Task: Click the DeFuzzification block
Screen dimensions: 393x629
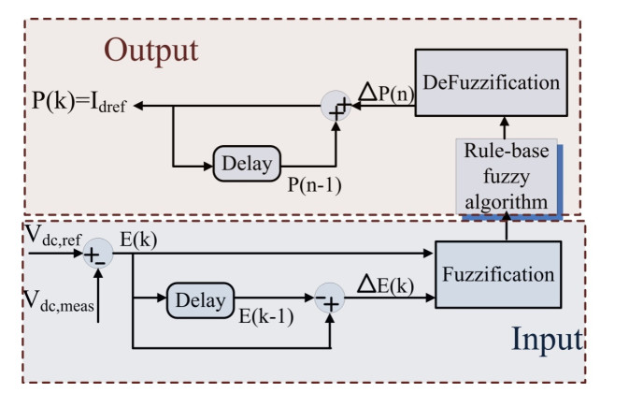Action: tap(491, 81)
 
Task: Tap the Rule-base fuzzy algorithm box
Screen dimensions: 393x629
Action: tap(506, 176)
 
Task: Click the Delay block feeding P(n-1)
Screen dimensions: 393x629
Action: tap(247, 164)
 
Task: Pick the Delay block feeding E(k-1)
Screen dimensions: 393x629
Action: tap(201, 300)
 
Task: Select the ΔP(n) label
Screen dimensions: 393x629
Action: tap(381, 93)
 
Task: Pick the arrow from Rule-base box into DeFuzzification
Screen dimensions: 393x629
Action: tap(506, 128)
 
